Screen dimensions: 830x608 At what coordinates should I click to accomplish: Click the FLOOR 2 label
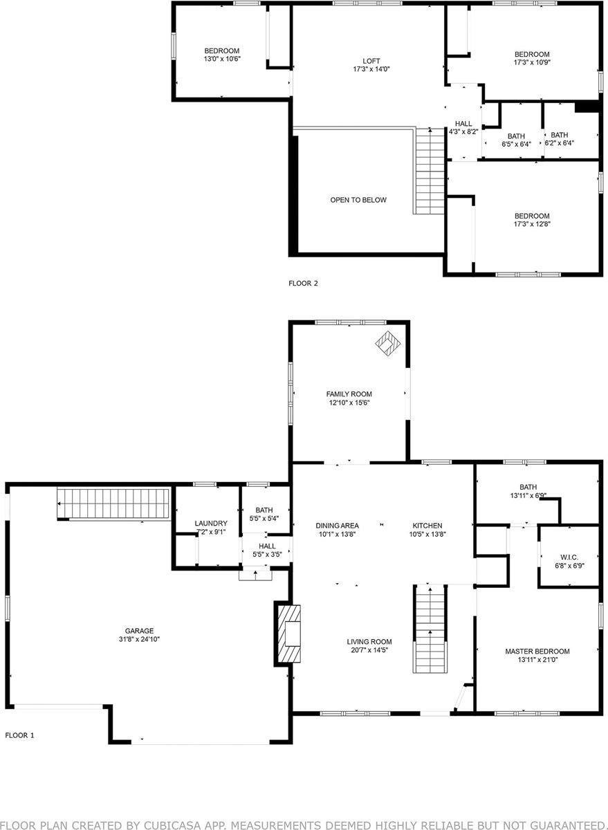[302, 283]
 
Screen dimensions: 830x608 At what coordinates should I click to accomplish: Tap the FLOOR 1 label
[19, 735]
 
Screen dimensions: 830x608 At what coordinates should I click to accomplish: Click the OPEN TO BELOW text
[358, 200]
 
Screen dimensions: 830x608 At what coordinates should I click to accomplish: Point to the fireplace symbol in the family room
[389, 343]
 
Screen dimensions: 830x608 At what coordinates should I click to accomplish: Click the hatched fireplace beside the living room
[288, 634]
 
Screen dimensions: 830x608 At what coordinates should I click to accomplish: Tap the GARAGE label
[139, 630]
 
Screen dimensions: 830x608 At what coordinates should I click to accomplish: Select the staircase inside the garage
[114, 503]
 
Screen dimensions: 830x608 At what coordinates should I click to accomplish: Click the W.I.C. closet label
[569, 556]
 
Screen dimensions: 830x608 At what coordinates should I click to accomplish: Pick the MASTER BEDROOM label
[537, 652]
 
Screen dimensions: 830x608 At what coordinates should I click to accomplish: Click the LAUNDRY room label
[211, 523]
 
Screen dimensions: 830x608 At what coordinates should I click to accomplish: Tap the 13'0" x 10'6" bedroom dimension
[221, 59]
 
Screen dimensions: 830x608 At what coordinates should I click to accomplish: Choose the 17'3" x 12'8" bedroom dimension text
[531, 224]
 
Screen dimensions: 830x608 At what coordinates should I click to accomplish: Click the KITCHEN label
[427, 526]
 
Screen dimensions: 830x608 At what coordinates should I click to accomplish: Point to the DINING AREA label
[337, 526]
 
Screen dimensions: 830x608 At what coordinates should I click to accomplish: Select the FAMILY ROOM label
[349, 394]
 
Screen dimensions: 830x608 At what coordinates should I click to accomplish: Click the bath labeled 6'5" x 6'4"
[516, 140]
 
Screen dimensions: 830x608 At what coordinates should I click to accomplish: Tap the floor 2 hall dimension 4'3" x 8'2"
[463, 131]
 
